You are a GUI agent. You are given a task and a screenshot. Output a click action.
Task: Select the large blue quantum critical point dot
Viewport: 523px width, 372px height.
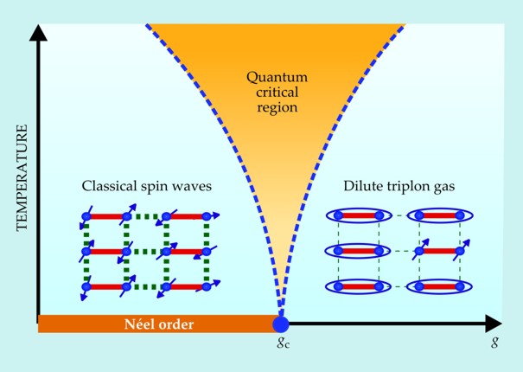280,324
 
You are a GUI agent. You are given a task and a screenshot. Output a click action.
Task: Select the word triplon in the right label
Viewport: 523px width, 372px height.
413,186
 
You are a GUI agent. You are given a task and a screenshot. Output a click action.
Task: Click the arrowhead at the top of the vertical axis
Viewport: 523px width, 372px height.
38,33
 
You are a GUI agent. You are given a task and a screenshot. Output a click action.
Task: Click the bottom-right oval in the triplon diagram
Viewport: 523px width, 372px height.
441,286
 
